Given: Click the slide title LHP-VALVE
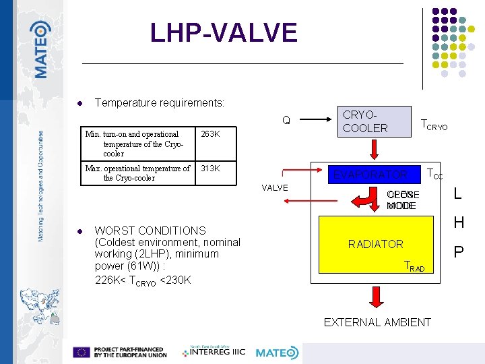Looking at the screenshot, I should pos(224,33).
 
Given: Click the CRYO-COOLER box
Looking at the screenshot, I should pos(374,121).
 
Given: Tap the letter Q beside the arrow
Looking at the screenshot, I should pos(286,121).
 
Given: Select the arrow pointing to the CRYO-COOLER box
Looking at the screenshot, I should pos(318,121).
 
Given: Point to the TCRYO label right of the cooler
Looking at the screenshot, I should pos(434,125).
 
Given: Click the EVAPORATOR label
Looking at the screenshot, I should pos(371,175).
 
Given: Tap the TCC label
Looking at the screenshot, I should pos(435,175).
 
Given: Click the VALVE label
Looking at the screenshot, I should pos(274,188).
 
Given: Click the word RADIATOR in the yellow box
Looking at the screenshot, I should pos(375,244).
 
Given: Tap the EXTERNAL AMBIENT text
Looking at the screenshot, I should pos(377,322).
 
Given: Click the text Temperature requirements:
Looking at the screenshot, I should pos(160,103).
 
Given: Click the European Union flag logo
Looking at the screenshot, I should pos(82,353).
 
